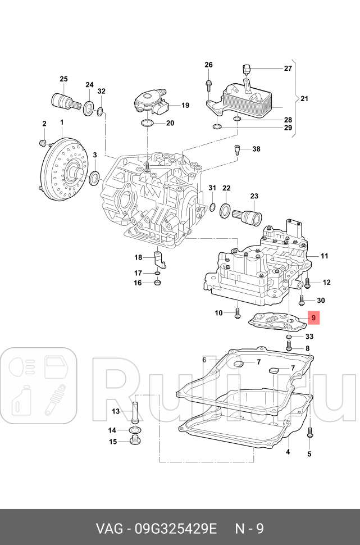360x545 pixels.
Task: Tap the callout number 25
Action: tap(63, 79)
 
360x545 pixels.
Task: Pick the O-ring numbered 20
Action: tap(148, 123)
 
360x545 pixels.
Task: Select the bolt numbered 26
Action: tap(208, 85)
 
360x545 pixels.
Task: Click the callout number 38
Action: tap(256, 149)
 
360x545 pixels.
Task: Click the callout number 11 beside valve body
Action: tap(324, 256)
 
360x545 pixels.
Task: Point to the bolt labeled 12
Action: tap(307, 282)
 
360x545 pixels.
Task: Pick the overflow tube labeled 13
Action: tap(135, 413)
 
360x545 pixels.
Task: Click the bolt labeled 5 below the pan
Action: tap(309, 433)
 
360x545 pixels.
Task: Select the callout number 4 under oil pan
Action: tap(288, 452)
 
